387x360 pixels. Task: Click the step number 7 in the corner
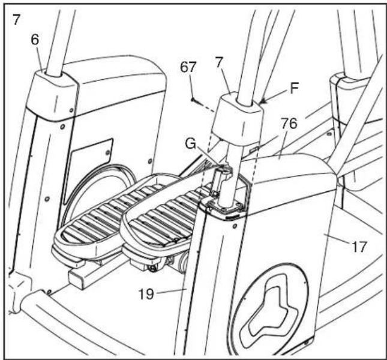tap(16, 20)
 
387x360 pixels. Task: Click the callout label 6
tap(35, 40)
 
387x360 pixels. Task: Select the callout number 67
tap(188, 67)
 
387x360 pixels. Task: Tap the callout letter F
tap(294, 88)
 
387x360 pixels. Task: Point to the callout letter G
tap(190, 144)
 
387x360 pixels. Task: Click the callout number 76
tap(289, 124)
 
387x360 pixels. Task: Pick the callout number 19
tap(146, 294)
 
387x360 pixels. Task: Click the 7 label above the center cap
tap(219, 62)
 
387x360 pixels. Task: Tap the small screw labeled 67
tap(193, 100)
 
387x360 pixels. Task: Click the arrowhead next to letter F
tap(264, 101)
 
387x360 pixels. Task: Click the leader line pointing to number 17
tap(337, 239)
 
